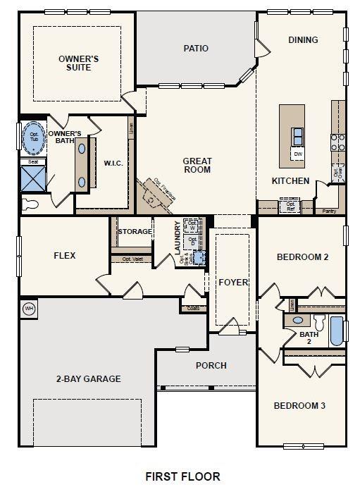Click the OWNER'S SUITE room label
pos(78,64)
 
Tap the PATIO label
pos(196,49)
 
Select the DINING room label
pos(303,40)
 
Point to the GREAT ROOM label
pos(197,165)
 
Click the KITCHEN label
pos(291,181)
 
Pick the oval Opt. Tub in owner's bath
pos(33,139)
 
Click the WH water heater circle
pos(29,308)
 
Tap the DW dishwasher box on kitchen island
pos(298,153)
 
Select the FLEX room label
pos(64,256)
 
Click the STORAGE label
pos(135,232)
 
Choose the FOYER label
pos(233,283)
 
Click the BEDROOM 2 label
pos(302,257)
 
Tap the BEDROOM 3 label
pos(300,405)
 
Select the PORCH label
pos(211,365)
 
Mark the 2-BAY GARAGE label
pos(88,378)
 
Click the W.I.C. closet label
pos(113,164)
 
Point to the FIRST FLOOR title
pos(182,476)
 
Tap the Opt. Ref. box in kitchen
pos(290,207)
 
